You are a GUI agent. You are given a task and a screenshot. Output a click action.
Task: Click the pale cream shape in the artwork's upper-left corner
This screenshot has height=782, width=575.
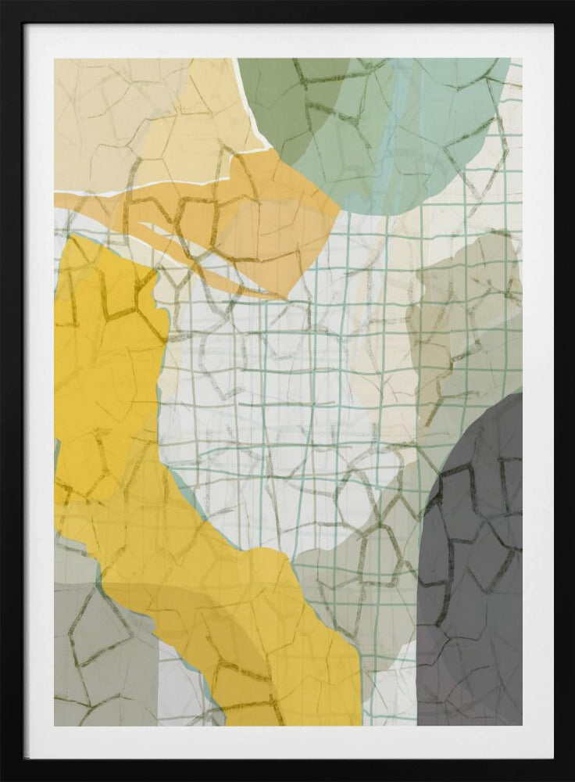click(x=117, y=117)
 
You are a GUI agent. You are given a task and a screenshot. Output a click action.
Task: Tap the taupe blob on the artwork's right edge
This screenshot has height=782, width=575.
click(x=469, y=313)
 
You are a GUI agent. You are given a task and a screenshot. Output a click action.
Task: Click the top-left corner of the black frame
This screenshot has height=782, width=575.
click(x=5, y=5)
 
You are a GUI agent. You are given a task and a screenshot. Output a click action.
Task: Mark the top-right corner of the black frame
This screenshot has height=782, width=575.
click(x=570, y=5)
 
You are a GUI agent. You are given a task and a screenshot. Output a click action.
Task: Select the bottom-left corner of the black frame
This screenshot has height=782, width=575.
click(x=5, y=777)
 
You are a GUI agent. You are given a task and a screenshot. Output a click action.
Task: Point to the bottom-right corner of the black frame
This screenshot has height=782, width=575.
click(x=570, y=777)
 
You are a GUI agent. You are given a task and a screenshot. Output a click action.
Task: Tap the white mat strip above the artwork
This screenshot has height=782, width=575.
click(x=287, y=41)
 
